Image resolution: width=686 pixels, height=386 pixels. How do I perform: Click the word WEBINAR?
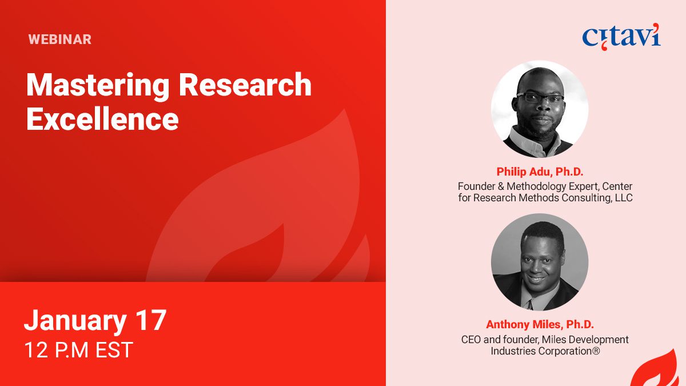tap(60, 39)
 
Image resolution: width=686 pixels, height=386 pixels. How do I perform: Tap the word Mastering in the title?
tap(98, 86)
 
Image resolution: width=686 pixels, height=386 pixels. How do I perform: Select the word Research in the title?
tap(245, 84)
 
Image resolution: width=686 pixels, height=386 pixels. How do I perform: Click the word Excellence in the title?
tap(102, 119)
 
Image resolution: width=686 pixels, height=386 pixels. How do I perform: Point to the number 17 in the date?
tap(151, 320)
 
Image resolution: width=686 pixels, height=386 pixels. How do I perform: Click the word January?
tap(75, 321)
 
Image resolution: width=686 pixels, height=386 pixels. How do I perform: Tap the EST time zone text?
tap(114, 350)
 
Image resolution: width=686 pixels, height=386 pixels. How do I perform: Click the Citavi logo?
tap(621, 37)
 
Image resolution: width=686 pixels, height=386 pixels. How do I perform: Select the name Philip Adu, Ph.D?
tap(540, 172)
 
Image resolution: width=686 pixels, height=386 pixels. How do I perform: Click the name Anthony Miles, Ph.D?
tap(540, 324)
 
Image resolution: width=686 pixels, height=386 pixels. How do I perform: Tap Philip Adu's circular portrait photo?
tap(540, 109)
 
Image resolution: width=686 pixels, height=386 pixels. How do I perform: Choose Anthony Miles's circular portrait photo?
tap(540, 262)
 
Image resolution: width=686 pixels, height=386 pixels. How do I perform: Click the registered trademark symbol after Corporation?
tap(596, 351)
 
